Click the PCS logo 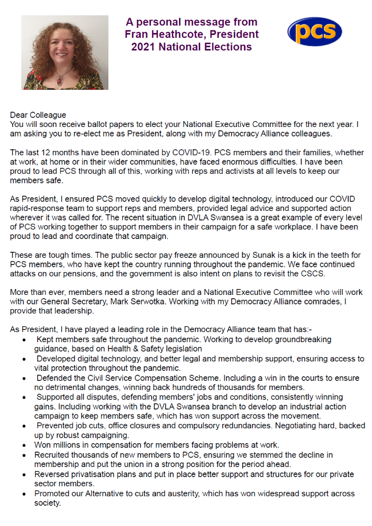315,31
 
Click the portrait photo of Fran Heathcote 65,52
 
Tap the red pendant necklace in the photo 62,79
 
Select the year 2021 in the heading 145,47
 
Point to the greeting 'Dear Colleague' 38,115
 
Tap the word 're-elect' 104,133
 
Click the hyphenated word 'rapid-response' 36,207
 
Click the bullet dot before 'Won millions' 24,445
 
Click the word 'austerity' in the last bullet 189,493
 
